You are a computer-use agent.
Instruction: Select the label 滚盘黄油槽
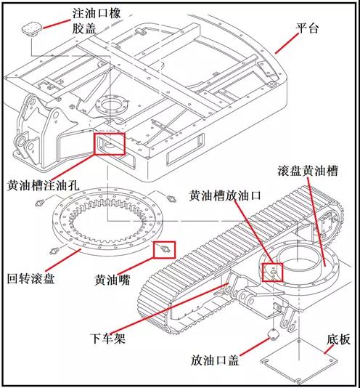(x=306, y=172)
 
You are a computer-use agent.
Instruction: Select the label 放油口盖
(x=216, y=360)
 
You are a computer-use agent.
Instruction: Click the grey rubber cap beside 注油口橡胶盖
(x=33, y=28)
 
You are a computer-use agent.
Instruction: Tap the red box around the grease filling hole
(x=109, y=143)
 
